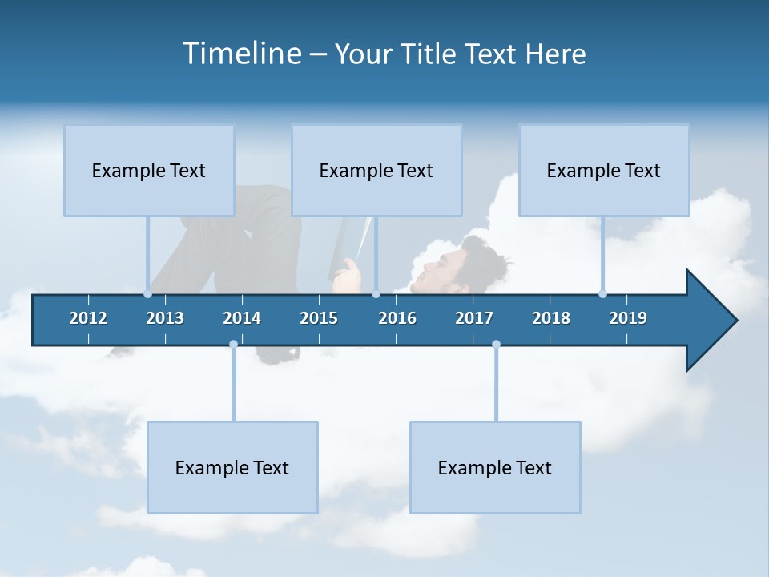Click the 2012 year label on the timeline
[88, 318]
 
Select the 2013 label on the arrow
[165, 318]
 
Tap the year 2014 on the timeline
[242, 318]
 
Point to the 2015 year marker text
[319, 318]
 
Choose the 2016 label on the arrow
[397, 318]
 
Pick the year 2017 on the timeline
[474, 318]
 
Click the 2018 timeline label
[551, 318]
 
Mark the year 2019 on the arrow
[628, 318]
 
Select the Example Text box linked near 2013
[149, 170]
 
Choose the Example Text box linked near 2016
[376, 170]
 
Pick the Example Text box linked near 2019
[604, 170]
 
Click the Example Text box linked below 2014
[232, 467]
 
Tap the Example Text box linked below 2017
[495, 467]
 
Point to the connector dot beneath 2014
[233, 345]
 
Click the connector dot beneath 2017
[496, 345]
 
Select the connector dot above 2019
[602, 293]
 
